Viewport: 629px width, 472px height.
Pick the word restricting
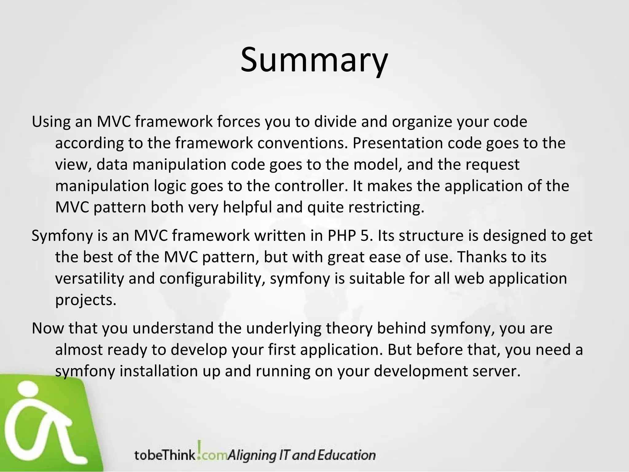tap(386, 207)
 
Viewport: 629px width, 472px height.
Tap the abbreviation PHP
tap(340, 236)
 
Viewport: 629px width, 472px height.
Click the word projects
tap(86, 300)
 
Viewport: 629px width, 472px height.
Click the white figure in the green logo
tap(40, 424)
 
